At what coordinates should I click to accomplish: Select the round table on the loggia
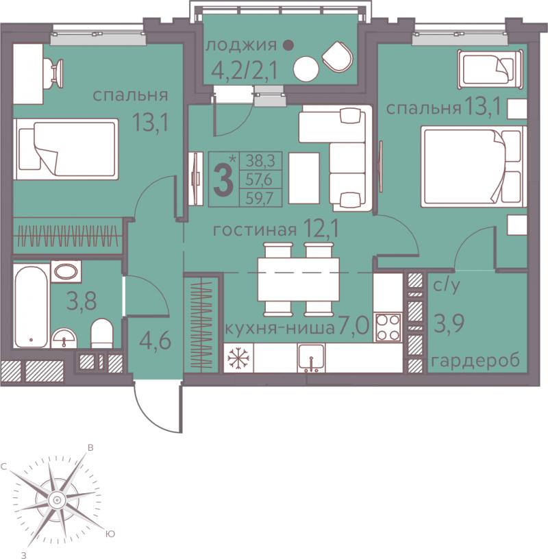pyautogui.click(x=306, y=69)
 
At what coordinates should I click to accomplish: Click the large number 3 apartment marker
pyautogui.click(x=223, y=179)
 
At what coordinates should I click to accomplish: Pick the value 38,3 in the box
pyautogui.click(x=260, y=161)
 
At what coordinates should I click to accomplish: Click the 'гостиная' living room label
pyautogui.click(x=255, y=230)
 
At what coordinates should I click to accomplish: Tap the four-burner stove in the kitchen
pyautogui.click(x=388, y=327)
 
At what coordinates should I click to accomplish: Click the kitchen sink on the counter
pyautogui.click(x=311, y=357)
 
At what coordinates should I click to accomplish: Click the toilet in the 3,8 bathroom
pyautogui.click(x=102, y=333)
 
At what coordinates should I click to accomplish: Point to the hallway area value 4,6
pyautogui.click(x=155, y=341)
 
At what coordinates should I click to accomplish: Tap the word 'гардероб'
pyautogui.click(x=475, y=361)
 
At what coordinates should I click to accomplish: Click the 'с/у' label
pyautogui.click(x=447, y=286)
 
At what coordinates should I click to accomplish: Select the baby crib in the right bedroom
pyautogui.click(x=490, y=69)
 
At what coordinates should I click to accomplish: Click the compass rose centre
pyautogui.click(x=56, y=500)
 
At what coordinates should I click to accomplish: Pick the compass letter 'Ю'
pyautogui.click(x=110, y=534)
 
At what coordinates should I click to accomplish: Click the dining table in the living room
pyautogui.click(x=299, y=279)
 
